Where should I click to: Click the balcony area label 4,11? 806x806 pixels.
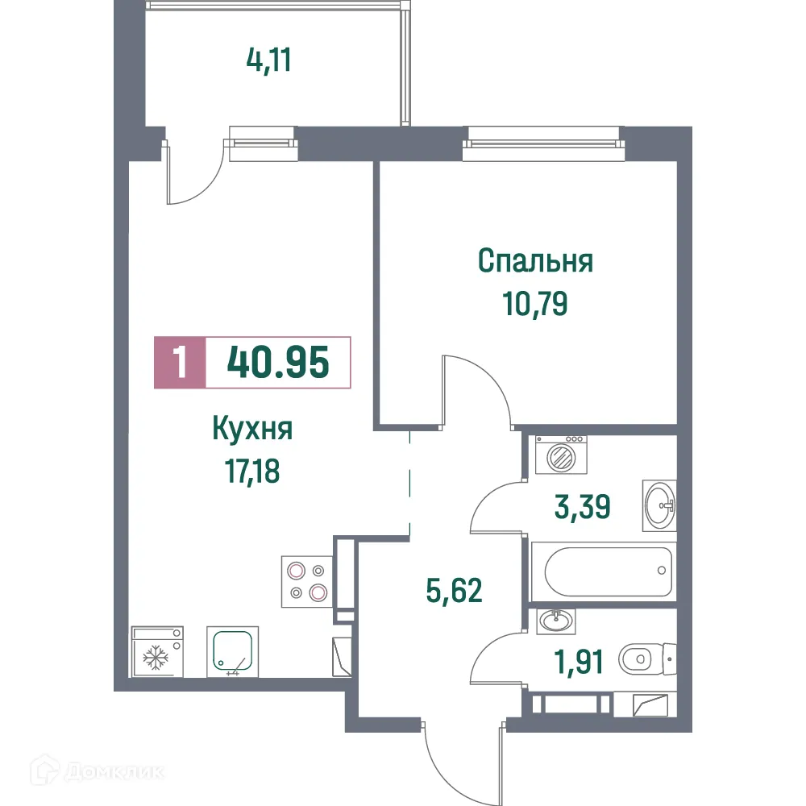[x=267, y=60]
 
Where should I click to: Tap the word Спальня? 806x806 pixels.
[x=535, y=261]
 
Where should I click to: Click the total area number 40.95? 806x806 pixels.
[x=278, y=363]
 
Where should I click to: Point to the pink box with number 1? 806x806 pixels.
[x=180, y=363]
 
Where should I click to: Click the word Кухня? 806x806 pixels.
[x=251, y=430]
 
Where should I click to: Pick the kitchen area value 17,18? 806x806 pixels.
[x=251, y=470]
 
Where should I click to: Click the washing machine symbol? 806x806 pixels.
[x=560, y=455]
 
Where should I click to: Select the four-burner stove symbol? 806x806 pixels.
[x=307, y=582]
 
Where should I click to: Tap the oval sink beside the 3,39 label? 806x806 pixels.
[x=660, y=505]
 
